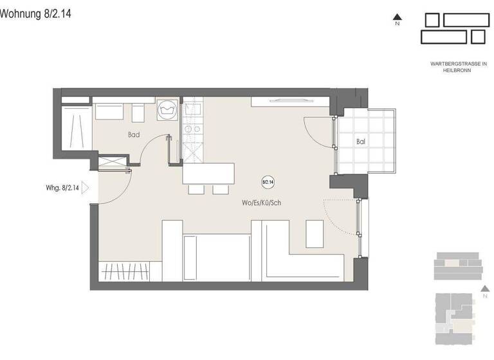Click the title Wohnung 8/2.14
[36, 14]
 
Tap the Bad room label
[134, 135]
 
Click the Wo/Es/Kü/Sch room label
[262, 203]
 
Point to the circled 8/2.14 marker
[268, 183]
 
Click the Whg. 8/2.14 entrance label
[62, 188]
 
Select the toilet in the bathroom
[138, 113]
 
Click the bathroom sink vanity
[111, 111]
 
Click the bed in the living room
[216, 257]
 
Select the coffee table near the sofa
[315, 233]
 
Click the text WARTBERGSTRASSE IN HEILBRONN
[459, 67]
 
